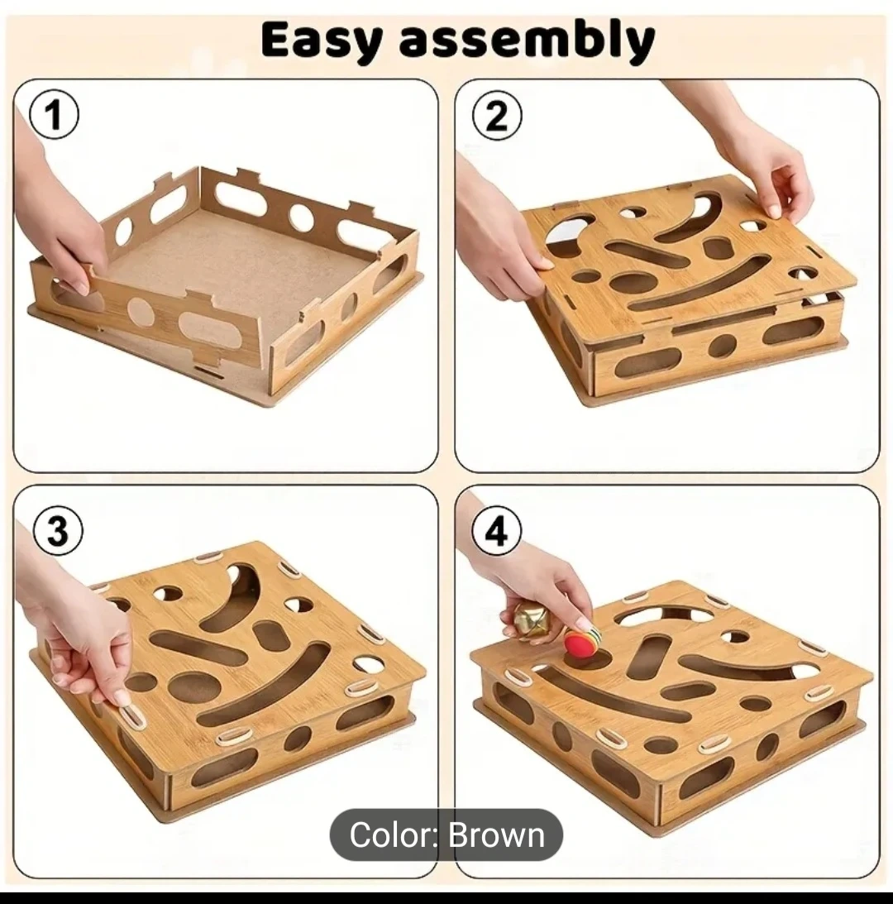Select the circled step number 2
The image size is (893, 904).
[496, 116]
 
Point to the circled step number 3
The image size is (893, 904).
[57, 530]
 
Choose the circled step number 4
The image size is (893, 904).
[496, 530]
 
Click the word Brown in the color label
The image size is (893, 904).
[496, 835]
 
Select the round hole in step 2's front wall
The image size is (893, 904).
[722, 346]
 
